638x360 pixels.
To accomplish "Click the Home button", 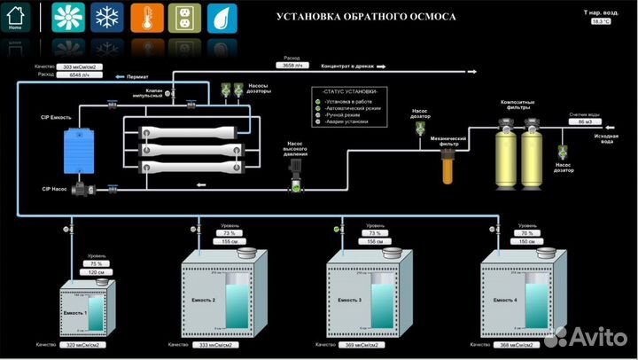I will click(15, 17).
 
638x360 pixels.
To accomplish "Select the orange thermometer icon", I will click(145, 17).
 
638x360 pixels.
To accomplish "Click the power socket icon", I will click(183, 17).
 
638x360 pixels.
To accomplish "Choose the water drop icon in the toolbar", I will click(222, 17).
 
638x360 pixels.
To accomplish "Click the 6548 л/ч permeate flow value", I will click(80, 75).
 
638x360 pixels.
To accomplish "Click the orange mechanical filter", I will click(448, 164).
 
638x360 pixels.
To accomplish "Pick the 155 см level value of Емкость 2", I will click(230, 241).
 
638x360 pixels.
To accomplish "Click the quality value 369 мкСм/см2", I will click(354, 344).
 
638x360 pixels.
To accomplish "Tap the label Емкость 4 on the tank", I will click(504, 301).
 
